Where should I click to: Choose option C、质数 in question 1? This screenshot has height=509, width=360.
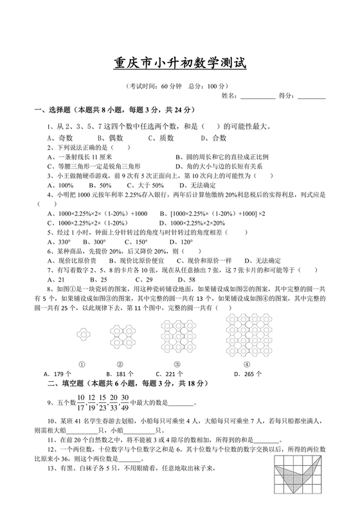click(161, 138)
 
